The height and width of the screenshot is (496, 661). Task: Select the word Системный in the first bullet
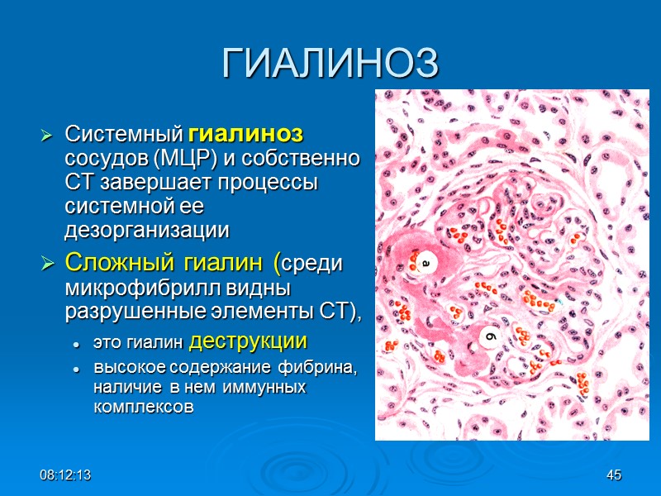pos(125,134)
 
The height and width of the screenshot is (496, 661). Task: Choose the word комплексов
pos(144,406)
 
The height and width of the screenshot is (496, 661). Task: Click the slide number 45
pos(613,475)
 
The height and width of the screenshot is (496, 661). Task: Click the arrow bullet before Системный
pos(48,135)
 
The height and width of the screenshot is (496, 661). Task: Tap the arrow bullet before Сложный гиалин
pos(48,265)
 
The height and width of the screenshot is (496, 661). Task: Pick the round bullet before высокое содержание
pos(75,369)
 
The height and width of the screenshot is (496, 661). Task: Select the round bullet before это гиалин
pos(75,343)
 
